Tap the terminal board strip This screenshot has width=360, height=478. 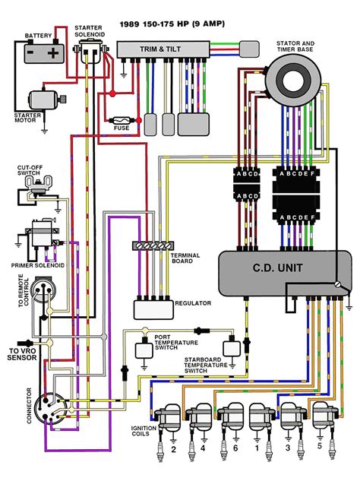click(x=150, y=246)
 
